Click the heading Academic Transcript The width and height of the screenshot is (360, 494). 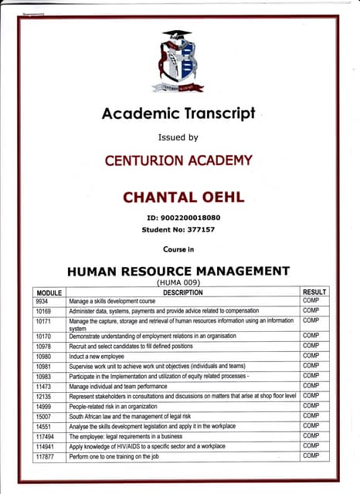pyautogui.click(x=178, y=114)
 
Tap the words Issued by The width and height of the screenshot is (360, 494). pyautogui.click(x=178, y=138)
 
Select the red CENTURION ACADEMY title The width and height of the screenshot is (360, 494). pyautogui.click(x=178, y=161)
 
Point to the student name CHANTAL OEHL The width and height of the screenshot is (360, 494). pyautogui.click(x=184, y=198)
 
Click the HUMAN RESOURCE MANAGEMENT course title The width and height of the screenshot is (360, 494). pyautogui.click(x=178, y=271)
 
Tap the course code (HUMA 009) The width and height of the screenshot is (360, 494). pyautogui.click(x=178, y=283)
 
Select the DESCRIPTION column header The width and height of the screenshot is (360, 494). pyautogui.click(x=182, y=293)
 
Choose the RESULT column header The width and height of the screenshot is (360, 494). pyautogui.click(x=314, y=293)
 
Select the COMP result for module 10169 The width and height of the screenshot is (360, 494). pyautogui.click(x=311, y=311)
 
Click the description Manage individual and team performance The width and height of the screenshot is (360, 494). pyautogui.click(x=119, y=386)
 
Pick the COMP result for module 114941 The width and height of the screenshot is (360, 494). pyautogui.click(x=311, y=446)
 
